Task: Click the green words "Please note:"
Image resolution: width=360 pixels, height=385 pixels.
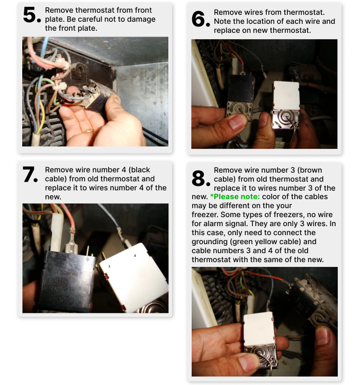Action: point(235,196)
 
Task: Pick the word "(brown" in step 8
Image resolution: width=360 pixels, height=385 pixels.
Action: point(309,170)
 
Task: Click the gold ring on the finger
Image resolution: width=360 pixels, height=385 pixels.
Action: point(89,131)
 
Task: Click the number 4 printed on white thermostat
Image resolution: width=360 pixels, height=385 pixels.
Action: point(134,256)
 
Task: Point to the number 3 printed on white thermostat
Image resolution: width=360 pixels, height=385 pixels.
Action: point(109,266)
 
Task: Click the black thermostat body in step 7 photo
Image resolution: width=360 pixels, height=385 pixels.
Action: point(66,281)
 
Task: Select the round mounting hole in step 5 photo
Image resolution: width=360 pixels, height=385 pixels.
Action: point(79,70)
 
